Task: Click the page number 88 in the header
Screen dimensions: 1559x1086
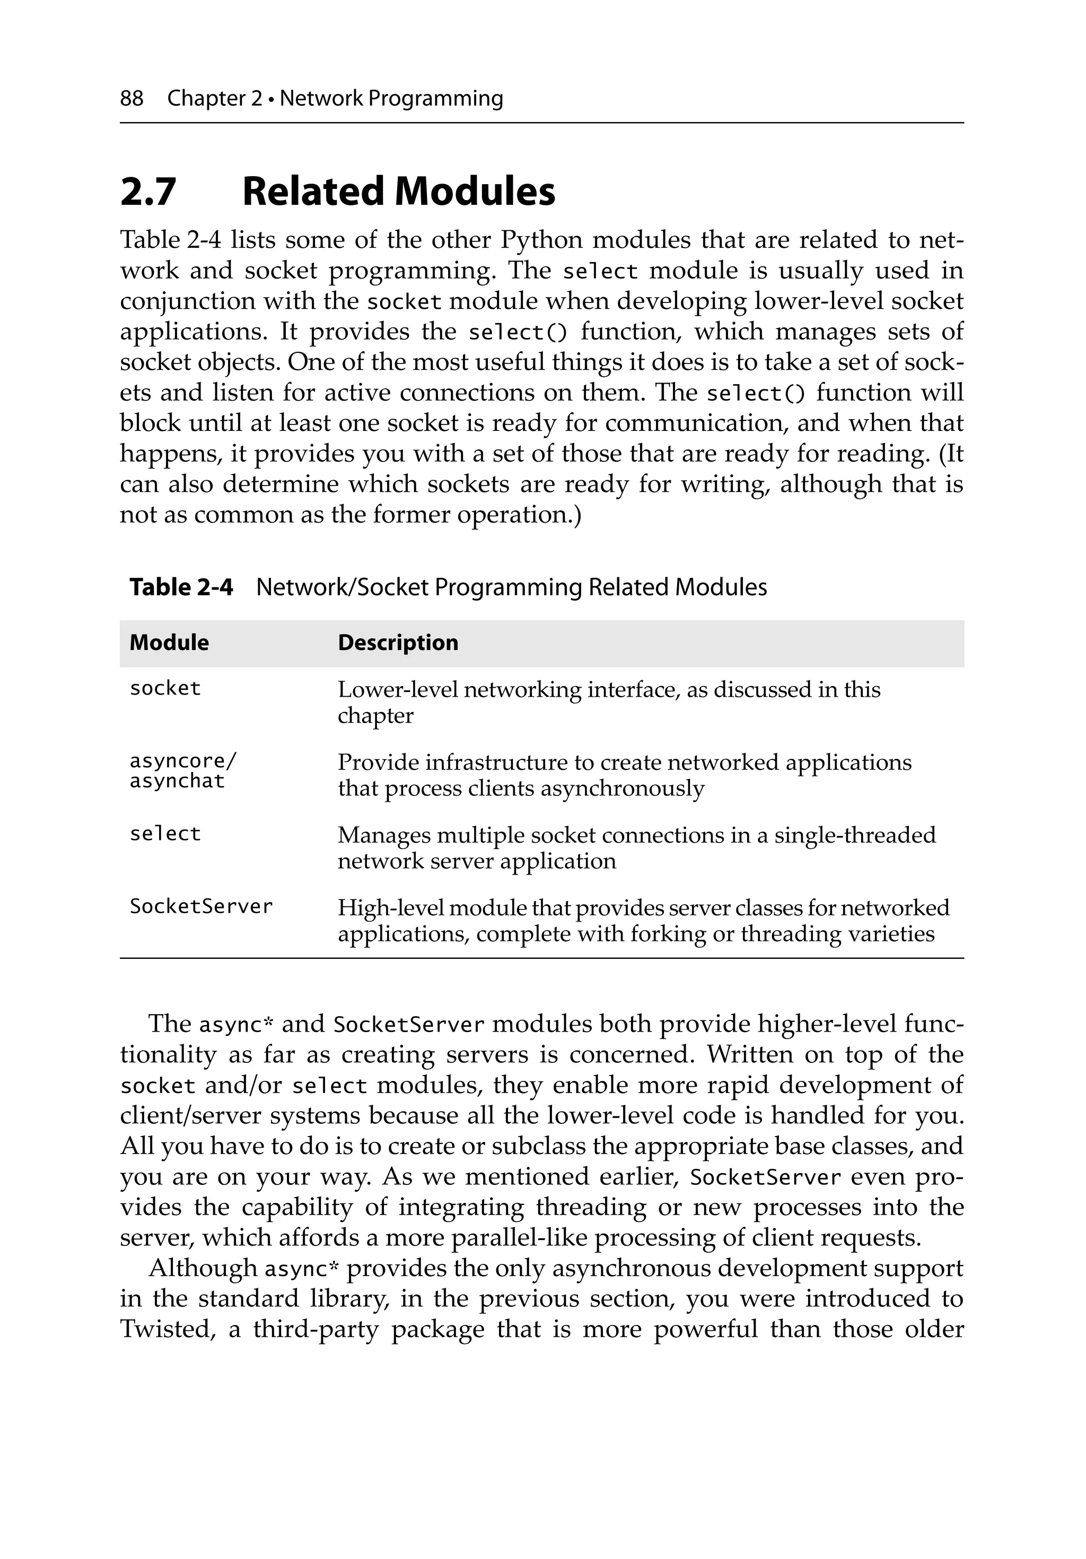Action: [132, 99]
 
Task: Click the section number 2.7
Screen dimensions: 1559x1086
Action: [148, 192]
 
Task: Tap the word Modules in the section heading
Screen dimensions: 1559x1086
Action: [475, 192]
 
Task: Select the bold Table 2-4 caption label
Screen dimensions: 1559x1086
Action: [181, 587]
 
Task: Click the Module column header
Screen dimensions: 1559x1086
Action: [169, 643]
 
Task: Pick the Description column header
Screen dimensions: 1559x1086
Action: [398, 643]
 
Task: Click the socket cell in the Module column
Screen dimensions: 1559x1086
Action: [165, 689]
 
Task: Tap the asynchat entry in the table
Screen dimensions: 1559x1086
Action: [177, 782]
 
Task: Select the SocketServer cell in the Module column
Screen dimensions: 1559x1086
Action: [201, 906]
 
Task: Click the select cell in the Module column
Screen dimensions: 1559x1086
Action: [165, 834]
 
